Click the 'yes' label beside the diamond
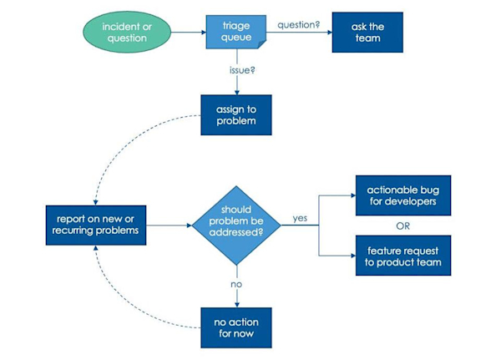pyautogui.click(x=300, y=218)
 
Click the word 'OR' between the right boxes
pyautogui.click(x=403, y=225)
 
